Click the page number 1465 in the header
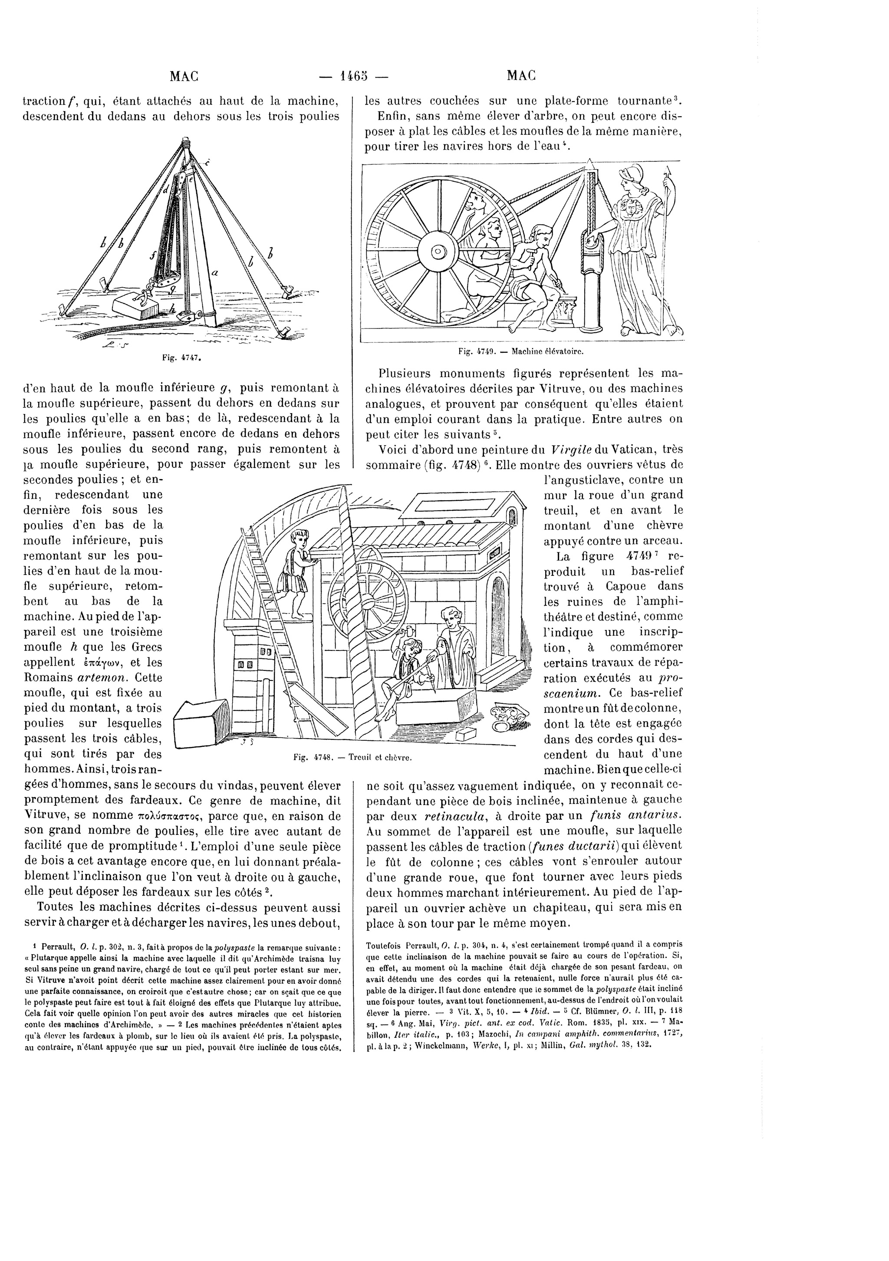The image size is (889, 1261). click(x=353, y=76)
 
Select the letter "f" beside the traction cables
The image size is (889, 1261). click(x=156, y=256)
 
